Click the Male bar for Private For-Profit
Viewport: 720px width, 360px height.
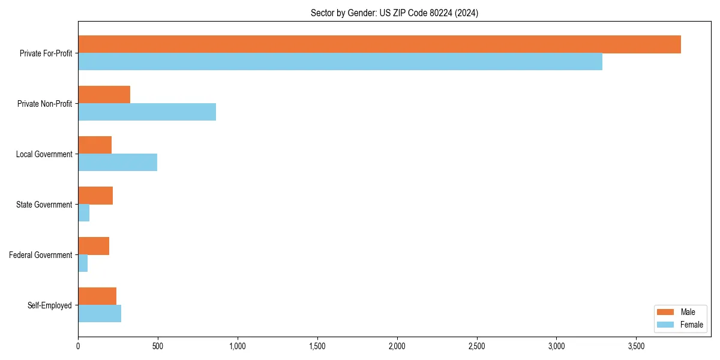click(x=379, y=44)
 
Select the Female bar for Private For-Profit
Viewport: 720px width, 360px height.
click(x=340, y=62)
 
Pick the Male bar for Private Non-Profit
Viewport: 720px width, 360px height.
click(x=104, y=95)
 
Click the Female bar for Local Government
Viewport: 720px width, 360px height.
click(x=118, y=163)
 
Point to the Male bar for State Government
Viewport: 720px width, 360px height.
click(x=95, y=196)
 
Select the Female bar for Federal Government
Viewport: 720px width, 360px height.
click(x=83, y=263)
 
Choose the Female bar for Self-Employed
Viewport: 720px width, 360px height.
click(x=100, y=314)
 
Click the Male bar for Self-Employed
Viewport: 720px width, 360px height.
click(x=97, y=296)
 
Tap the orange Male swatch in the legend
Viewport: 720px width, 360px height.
click(x=666, y=312)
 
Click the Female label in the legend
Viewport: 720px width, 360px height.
click(x=691, y=325)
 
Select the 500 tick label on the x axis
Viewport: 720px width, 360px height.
click(x=158, y=346)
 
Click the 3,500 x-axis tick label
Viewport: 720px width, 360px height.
click(x=637, y=346)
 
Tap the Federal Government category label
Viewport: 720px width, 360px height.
click(x=41, y=255)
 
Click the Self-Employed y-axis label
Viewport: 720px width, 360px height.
click(x=50, y=305)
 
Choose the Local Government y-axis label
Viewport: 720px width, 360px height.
click(x=44, y=154)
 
